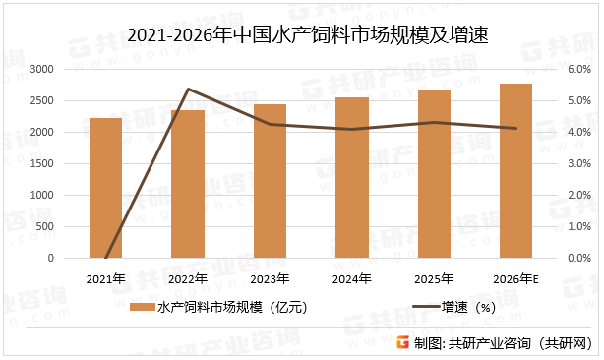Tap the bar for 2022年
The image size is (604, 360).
[187, 184]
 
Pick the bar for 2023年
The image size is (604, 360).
[270, 181]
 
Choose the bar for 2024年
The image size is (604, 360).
[352, 178]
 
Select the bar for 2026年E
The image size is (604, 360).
[515, 171]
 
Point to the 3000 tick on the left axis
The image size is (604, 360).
[41, 69]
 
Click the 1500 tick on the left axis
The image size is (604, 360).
[41, 163]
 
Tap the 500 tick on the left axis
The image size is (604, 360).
[45, 226]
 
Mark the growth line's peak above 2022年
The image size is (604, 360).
[187, 89]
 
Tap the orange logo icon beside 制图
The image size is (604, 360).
[402, 342]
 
